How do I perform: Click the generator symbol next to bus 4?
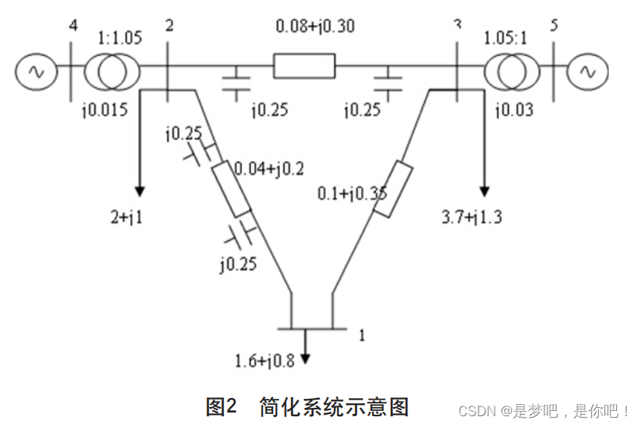pos(34,70)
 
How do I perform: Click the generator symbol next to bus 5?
pos(587,70)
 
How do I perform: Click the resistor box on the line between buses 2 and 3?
pos(303,66)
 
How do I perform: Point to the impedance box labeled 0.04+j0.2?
pos(231,189)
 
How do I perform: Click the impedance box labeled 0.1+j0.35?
pos(392,189)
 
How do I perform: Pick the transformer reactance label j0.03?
pos(513,110)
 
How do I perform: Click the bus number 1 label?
pos(361,334)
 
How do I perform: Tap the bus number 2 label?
pos(169,26)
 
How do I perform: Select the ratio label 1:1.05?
pos(119,38)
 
